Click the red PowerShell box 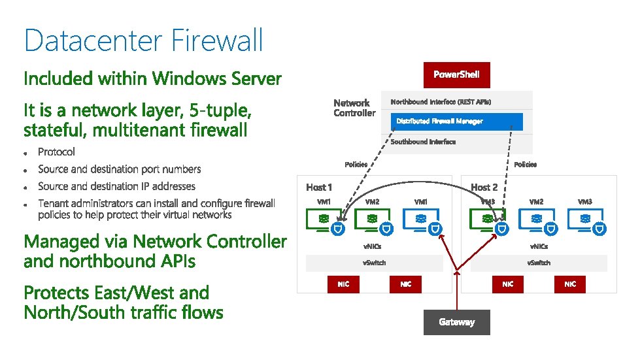456,74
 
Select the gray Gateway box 456,322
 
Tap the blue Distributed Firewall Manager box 457,122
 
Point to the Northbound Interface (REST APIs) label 441,102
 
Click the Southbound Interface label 423,142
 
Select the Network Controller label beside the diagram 354,108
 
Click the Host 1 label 319,188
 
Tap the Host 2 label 484,188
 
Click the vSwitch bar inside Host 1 375,263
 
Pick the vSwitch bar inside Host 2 539,263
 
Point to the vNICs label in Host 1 372,246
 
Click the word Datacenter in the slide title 93,41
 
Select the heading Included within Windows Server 152,79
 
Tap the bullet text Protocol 57,152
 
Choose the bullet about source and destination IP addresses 116,186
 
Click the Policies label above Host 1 356,165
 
